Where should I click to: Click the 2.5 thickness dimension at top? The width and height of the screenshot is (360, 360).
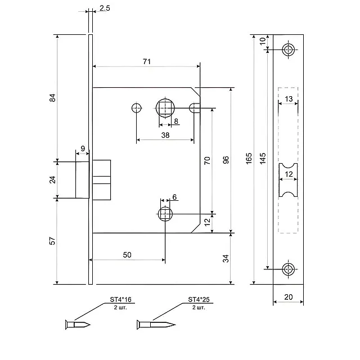pyautogui.click(x=104, y=8)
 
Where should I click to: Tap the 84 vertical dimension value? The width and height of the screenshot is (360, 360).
pyautogui.click(x=53, y=98)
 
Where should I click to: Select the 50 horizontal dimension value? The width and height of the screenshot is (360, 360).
pyautogui.click(x=127, y=255)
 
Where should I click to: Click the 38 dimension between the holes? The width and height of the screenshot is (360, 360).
pyautogui.click(x=165, y=135)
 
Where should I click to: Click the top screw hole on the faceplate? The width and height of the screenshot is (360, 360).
pyautogui.click(x=289, y=49)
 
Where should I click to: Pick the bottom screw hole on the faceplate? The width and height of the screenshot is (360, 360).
pyautogui.click(x=289, y=269)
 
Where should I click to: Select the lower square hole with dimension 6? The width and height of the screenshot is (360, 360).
pyautogui.click(x=165, y=213)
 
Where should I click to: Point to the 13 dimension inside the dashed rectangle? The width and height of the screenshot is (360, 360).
pyautogui.click(x=289, y=99)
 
